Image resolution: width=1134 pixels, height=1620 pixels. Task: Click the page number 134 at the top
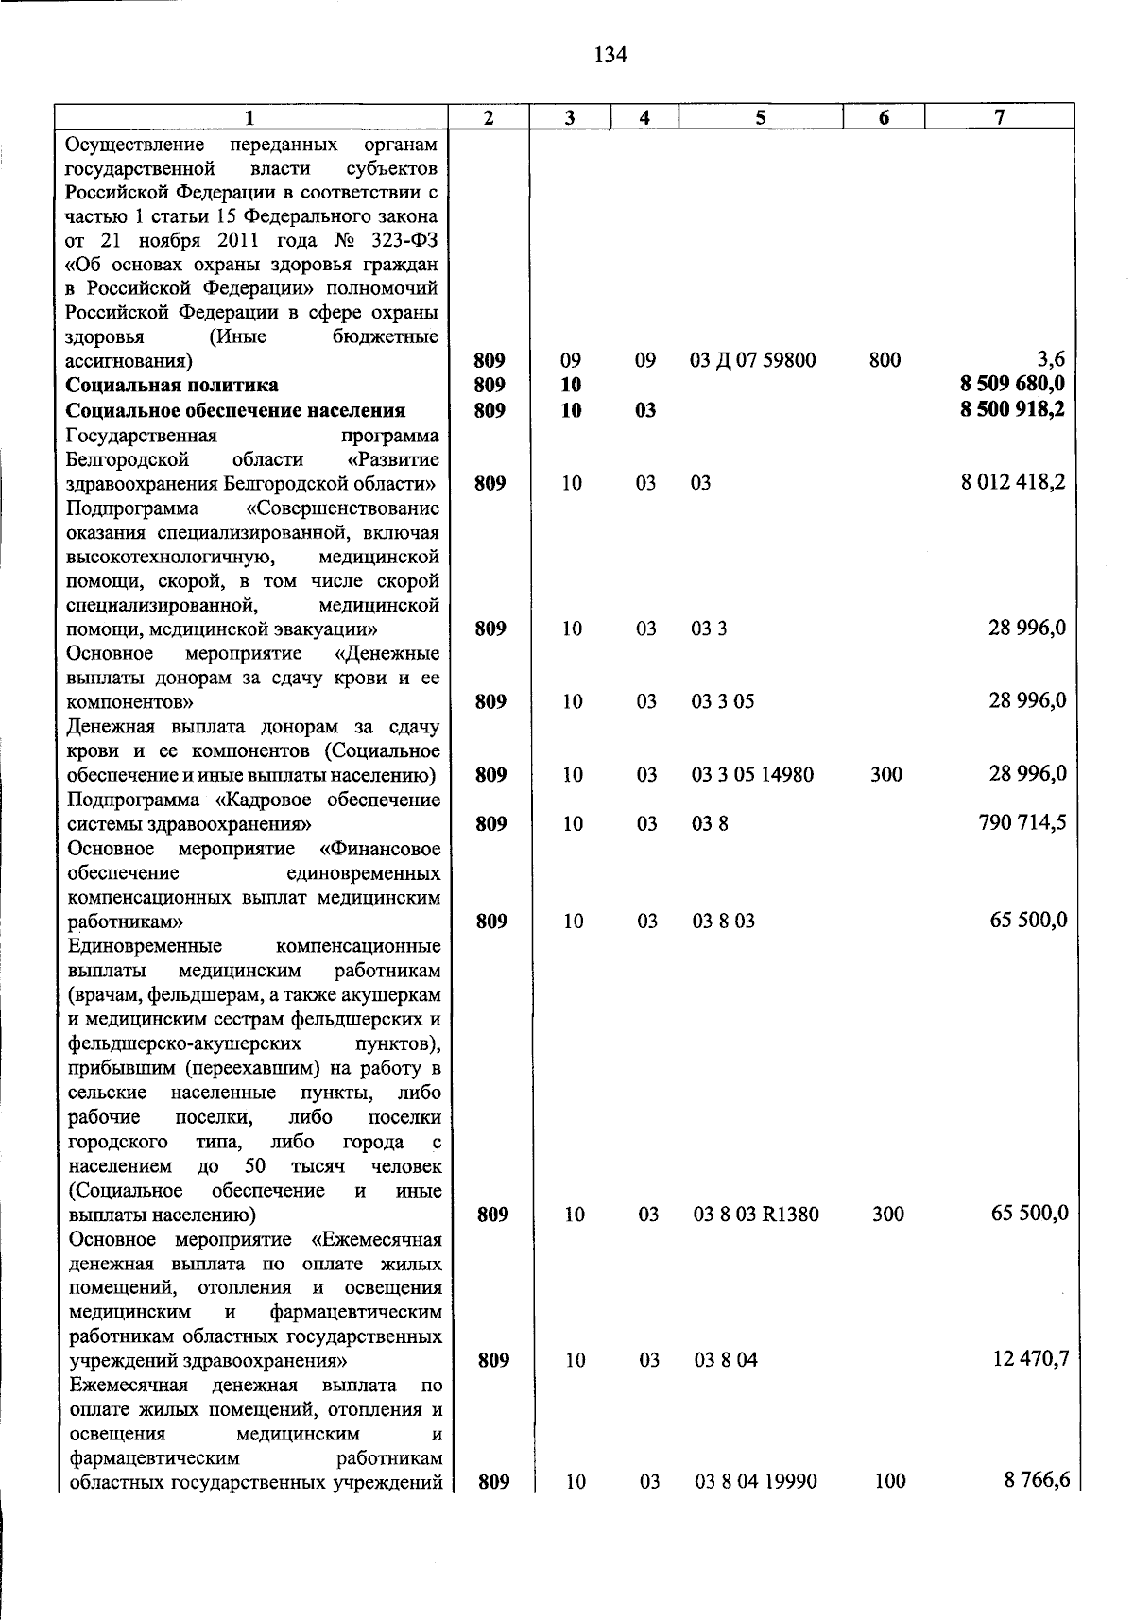coord(610,55)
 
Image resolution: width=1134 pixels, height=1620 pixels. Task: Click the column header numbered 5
coord(760,117)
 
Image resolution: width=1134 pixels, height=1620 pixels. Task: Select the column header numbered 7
coord(999,117)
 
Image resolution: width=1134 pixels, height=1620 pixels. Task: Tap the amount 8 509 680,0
coord(1012,385)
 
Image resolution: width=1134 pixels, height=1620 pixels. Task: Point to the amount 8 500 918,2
coord(1012,410)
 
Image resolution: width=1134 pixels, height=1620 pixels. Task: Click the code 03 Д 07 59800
coord(753,360)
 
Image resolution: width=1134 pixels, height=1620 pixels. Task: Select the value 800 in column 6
coord(885,360)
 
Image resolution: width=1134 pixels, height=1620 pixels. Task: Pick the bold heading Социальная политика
coord(172,385)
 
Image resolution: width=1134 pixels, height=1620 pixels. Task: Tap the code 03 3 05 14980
coord(752,775)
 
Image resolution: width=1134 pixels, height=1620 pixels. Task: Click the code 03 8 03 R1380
coord(756,1215)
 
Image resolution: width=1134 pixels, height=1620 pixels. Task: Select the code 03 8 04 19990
coord(756,1482)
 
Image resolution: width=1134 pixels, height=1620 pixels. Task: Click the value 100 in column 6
coord(890,1482)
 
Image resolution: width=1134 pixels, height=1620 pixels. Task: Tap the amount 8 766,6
coord(1037,1481)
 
